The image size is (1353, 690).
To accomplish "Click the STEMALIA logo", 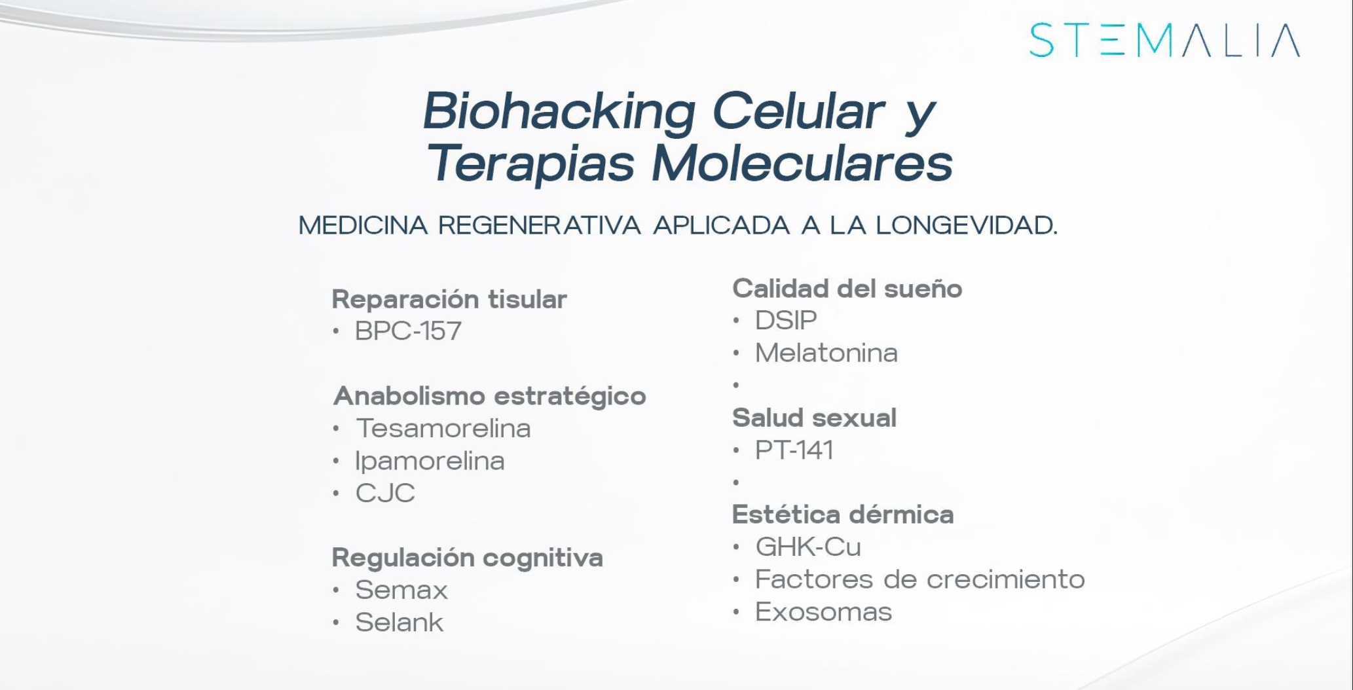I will pos(1164,41).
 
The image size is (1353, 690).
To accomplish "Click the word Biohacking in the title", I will pos(559,111).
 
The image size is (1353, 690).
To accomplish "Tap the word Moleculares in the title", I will pos(802,163).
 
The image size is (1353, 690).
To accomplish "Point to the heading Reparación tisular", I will pos(449,300).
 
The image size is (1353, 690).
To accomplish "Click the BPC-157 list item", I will pos(408,331).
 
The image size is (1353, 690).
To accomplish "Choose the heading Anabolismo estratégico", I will pos(490,396).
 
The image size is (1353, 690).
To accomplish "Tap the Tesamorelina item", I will pos(443,429).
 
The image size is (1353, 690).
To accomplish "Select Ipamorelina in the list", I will pos(430,461).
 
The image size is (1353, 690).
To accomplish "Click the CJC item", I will pos(385,493).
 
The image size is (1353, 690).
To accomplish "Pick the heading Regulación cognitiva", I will pos(467,558).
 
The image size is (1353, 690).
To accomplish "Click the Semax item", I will pos(401,590).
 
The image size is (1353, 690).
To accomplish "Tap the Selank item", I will pos(399,623).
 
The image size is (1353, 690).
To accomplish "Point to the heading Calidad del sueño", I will pos(847,289).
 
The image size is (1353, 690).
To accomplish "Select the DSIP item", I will pos(786,321).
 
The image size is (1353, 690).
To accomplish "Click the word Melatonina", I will pos(826,354).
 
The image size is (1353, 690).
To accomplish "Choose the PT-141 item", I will pos(794,450).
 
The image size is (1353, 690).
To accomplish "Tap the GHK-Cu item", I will pos(808,547).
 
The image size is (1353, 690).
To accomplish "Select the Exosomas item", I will pos(823,612).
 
